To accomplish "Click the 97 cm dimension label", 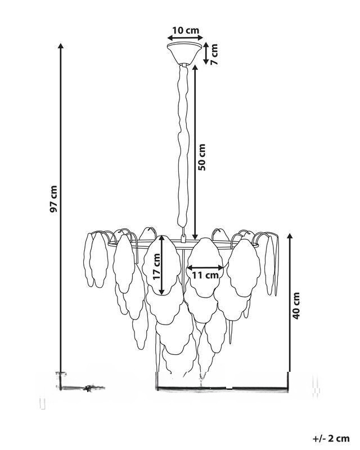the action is pyautogui.click(x=53, y=199).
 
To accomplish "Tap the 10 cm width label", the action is pyautogui.click(x=186, y=30).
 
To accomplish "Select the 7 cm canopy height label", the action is pyautogui.click(x=214, y=54).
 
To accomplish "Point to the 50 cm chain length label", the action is pyautogui.click(x=202, y=157).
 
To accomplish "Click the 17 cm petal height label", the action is pyautogui.click(x=157, y=267).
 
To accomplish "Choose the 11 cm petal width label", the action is pyautogui.click(x=205, y=275).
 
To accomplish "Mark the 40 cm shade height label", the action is pyautogui.click(x=296, y=305).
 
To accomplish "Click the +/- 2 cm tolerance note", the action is pyautogui.click(x=331, y=439).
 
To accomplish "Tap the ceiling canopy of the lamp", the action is pyautogui.click(x=184, y=53).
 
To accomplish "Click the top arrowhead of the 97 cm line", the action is pyautogui.click(x=60, y=46).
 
